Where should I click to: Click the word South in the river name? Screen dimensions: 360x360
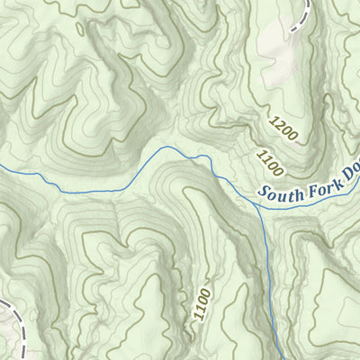(x=278, y=189)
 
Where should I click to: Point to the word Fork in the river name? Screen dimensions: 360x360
(x=321, y=176)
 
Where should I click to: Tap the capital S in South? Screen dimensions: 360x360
(x=262, y=193)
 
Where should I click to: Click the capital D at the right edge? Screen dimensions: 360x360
(x=346, y=168)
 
